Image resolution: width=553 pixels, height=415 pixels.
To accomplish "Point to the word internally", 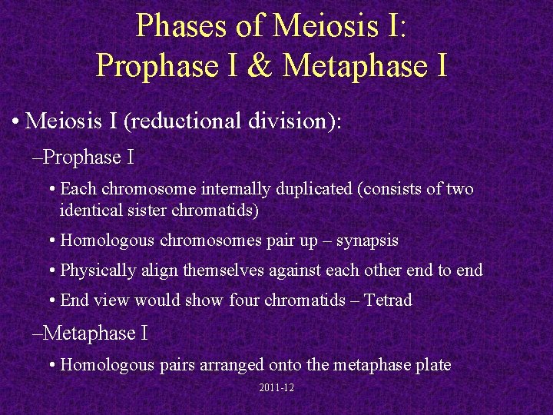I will (x=239, y=189).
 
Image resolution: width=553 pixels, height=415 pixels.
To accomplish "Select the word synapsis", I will (x=368, y=241).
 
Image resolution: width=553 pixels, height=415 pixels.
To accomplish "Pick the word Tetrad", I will (x=389, y=300).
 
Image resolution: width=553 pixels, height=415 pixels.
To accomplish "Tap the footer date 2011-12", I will (x=276, y=388).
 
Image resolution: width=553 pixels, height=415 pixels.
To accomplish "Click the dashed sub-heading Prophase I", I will (x=84, y=158).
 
